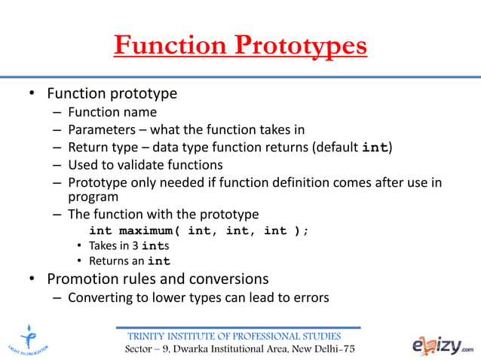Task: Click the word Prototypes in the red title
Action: [299, 46]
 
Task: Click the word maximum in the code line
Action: [150, 230]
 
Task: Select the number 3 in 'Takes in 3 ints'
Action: [137, 246]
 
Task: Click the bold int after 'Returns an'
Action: [158, 262]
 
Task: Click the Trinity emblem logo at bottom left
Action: [28, 338]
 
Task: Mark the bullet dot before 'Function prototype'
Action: [32, 95]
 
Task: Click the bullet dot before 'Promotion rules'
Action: [32, 280]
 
